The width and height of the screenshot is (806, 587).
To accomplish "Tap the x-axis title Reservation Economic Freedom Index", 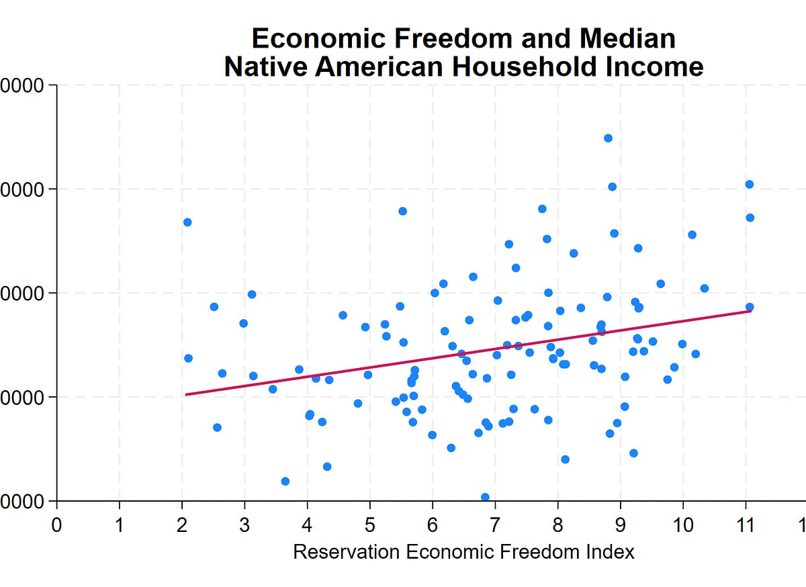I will pyautogui.click(x=463, y=552).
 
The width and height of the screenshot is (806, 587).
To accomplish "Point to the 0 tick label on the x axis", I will pyautogui.click(x=56, y=524).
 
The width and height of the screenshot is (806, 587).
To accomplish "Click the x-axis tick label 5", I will pyautogui.click(x=370, y=524).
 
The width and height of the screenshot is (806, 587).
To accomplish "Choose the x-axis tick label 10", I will pyautogui.click(x=683, y=524).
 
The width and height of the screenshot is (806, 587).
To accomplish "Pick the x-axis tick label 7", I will pyautogui.click(x=495, y=524).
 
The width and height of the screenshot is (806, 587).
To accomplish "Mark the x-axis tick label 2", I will pyautogui.click(x=182, y=524).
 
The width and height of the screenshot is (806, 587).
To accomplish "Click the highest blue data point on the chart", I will pyautogui.click(x=608, y=138).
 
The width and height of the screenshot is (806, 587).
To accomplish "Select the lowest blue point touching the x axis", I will pyautogui.click(x=485, y=498).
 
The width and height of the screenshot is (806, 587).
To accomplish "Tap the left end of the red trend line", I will pyautogui.click(x=186, y=394).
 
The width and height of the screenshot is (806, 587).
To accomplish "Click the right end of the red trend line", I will pyautogui.click(x=750, y=311).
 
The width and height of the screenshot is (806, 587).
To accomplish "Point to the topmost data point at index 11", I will pyautogui.click(x=750, y=184).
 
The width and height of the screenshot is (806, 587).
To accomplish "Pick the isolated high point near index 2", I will pyautogui.click(x=187, y=222).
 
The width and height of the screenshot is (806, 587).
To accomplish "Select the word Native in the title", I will pyautogui.click(x=261, y=67).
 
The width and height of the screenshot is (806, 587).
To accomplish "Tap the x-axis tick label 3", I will pyautogui.click(x=244, y=524).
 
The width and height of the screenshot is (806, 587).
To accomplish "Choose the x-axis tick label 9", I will pyautogui.click(x=621, y=524).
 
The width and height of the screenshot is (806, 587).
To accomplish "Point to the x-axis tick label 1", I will pyautogui.click(x=120, y=524).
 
